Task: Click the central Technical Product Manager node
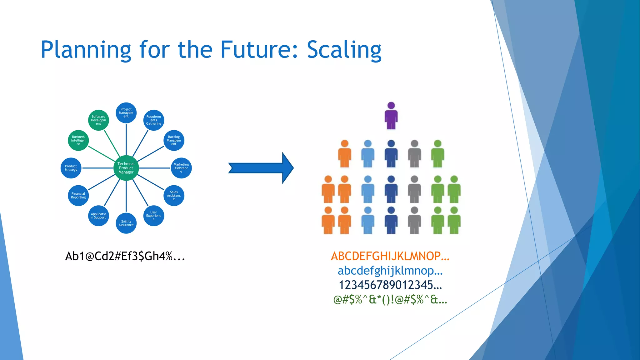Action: [x=126, y=168]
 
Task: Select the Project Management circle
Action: [x=126, y=113]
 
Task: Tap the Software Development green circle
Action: [x=98, y=120]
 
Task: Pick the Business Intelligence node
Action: [x=78, y=140]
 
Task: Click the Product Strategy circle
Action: [x=71, y=168]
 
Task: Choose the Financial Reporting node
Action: [x=78, y=195]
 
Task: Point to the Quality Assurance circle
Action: [x=126, y=223]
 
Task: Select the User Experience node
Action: [x=153, y=216]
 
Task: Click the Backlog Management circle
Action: [x=174, y=140]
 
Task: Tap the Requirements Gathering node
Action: [x=153, y=120]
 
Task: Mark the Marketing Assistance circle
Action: [x=181, y=168]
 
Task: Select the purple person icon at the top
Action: [x=391, y=116]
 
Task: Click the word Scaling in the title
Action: [x=344, y=50]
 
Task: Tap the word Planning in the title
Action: [x=86, y=50]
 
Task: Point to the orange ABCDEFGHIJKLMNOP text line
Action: [x=390, y=256]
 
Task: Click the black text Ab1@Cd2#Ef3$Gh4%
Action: [x=125, y=256]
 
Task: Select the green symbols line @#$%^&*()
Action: [x=390, y=300]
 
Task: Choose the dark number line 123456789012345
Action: [x=390, y=285]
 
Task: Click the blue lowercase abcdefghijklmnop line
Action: [x=390, y=271]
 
